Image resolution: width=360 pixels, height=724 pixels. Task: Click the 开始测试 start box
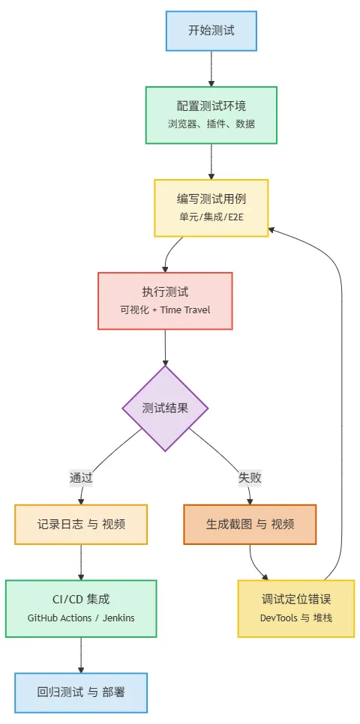tap(211, 31)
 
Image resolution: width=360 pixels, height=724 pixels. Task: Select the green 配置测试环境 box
tap(211, 115)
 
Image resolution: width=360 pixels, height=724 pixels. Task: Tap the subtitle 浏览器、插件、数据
tap(211, 124)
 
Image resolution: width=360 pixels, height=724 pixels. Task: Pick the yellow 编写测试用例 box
tap(211, 208)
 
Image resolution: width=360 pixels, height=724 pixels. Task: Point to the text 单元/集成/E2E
tap(211, 217)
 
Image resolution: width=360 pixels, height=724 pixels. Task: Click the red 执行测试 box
tap(165, 301)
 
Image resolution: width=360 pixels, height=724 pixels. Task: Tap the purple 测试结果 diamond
tap(165, 408)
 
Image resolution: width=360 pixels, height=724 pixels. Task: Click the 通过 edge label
tap(81, 477)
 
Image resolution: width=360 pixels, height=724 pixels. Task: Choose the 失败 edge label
tap(250, 477)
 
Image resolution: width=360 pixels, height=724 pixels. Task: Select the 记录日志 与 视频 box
tap(81, 524)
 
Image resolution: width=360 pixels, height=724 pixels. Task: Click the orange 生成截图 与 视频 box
tap(250, 524)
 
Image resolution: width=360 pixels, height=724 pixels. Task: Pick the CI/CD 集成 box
tap(81, 608)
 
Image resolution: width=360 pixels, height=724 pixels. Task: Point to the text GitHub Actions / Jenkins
tap(81, 618)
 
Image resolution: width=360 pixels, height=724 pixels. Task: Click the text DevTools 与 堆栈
tap(296, 618)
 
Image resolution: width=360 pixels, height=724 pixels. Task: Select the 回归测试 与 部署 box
tap(81, 693)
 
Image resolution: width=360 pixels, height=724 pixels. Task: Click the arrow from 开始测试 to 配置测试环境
tap(211, 69)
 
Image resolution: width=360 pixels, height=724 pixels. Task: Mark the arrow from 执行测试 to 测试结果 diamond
tap(165, 348)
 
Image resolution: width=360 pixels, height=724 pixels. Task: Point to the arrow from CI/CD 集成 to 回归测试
tap(81, 655)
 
